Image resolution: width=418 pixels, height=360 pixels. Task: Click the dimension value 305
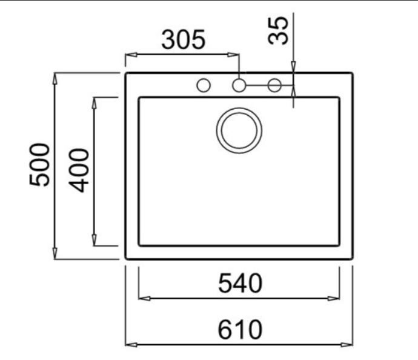tap(184, 40)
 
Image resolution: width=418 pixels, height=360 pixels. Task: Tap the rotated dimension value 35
tap(278, 30)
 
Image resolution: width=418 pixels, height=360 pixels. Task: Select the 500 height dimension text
tap(39, 164)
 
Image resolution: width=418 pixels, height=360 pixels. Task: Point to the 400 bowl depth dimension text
tap(78, 170)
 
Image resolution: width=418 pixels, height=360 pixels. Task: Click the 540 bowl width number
tap(240, 283)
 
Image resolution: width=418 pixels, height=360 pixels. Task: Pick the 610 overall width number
tap(240, 330)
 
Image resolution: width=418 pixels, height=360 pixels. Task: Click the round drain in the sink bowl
tap(239, 131)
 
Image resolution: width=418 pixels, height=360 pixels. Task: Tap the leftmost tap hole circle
tap(204, 85)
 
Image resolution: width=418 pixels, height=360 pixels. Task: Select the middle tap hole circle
tap(239, 85)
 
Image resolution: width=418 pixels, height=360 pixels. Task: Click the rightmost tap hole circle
tap(274, 85)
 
